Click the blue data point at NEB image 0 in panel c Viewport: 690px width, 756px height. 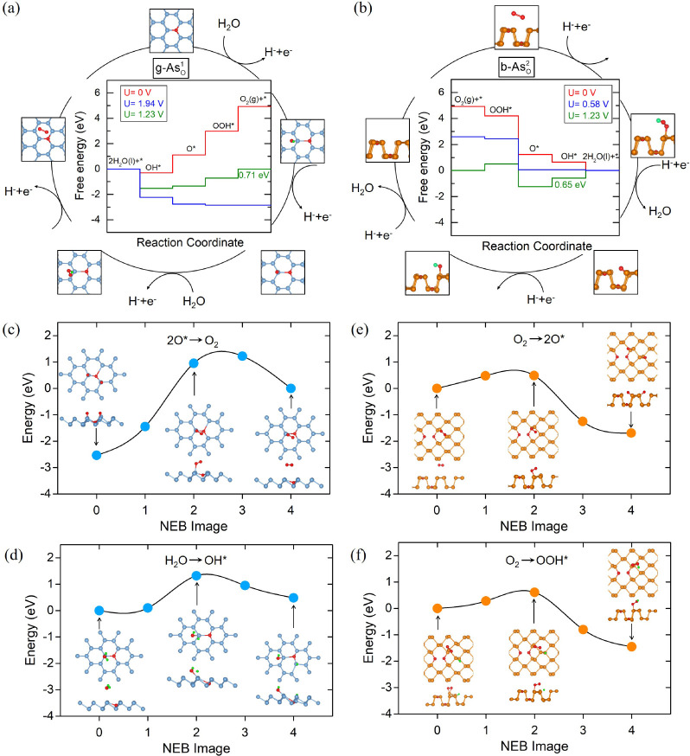[x=96, y=455]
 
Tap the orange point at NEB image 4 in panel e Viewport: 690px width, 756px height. [x=631, y=432]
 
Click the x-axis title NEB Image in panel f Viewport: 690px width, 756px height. [x=533, y=746]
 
